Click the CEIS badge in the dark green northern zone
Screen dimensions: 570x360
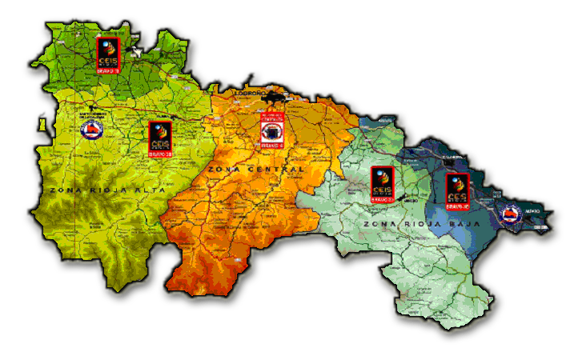[x=108, y=54]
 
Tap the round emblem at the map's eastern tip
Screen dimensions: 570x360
[x=510, y=214]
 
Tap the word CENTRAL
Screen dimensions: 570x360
[x=275, y=170]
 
